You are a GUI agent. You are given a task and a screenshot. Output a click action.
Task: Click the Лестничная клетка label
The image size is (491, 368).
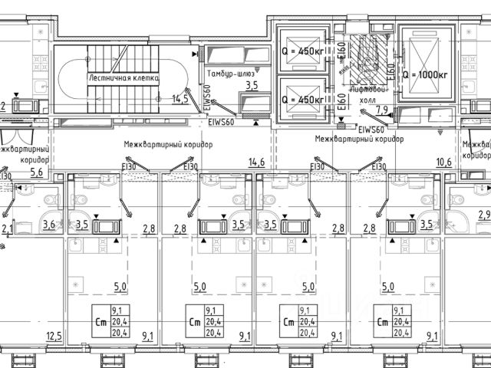click(123, 78)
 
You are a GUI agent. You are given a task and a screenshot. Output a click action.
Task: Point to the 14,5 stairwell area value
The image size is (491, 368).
click(180, 99)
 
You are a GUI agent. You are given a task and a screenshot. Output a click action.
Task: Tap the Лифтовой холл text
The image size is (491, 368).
click(366, 94)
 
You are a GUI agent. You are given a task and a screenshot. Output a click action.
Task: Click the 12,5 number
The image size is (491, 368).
click(53, 335)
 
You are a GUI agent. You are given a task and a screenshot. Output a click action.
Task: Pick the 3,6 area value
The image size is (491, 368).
click(48, 225)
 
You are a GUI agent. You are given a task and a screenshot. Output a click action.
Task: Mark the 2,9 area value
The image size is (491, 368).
click(483, 215)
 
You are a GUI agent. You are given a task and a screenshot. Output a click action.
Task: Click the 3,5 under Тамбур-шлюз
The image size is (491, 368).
click(252, 85)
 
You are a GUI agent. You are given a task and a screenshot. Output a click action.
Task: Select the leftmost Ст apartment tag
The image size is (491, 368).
click(100, 322)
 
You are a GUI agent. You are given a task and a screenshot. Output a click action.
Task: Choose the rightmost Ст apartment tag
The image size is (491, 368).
click(381, 322)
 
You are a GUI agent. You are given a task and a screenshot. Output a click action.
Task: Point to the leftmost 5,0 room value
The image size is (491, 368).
click(120, 287)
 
